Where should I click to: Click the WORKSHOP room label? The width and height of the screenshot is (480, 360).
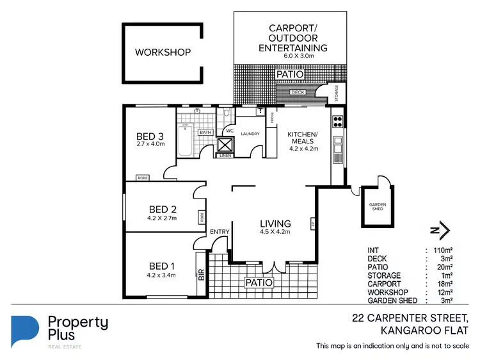(163, 52)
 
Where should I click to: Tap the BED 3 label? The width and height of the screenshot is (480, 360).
(150, 136)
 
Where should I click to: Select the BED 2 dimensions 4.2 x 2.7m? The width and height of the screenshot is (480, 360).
(163, 218)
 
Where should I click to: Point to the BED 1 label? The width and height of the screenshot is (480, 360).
(163, 266)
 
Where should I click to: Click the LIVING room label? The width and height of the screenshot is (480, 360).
(275, 224)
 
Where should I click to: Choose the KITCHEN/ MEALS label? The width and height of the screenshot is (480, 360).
(301, 136)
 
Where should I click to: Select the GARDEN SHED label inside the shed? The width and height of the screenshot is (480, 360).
(377, 206)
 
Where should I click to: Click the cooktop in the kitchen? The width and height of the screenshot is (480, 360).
(337, 122)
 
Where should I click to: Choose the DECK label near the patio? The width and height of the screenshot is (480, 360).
(298, 92)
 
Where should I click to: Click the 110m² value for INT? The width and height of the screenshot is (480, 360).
(444, 250)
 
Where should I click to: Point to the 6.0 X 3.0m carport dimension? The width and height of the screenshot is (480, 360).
(292, 56)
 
